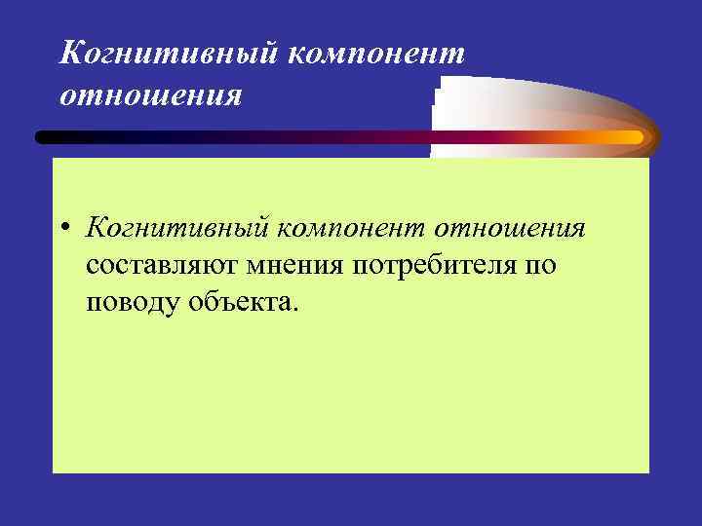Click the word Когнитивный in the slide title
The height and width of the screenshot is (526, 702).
click(166, 55)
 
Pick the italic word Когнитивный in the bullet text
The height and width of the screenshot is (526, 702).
click(177, 228)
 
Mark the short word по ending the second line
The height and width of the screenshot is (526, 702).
click(540, 266)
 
